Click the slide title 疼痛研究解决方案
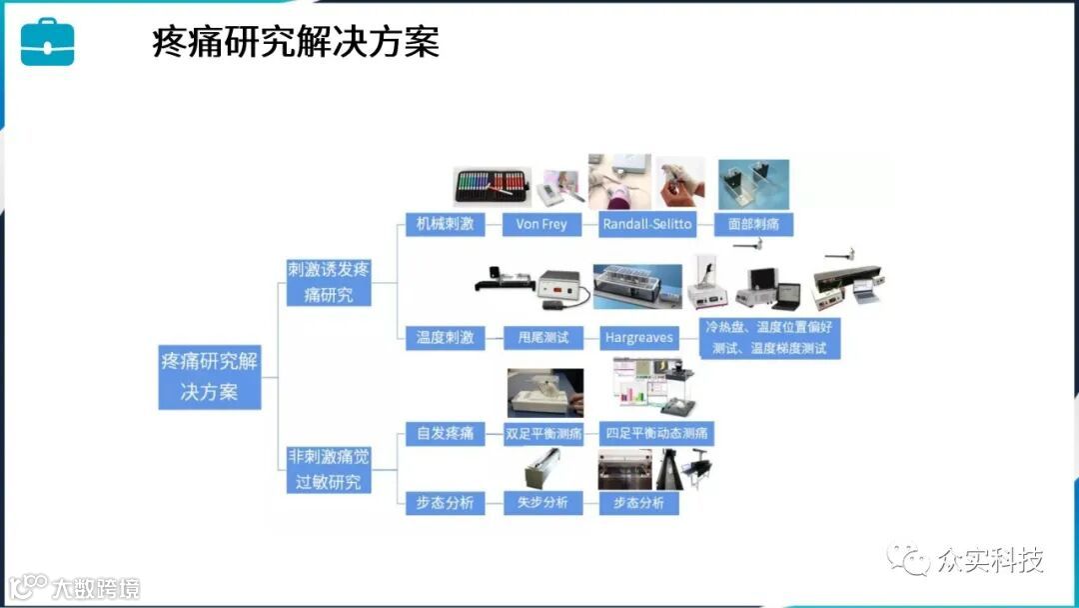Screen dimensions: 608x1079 pyautogui.click(x=296, y=43)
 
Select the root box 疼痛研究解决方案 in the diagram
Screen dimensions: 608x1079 pyautogui.click(x=209, y=376)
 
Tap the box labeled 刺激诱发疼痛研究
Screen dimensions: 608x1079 pyautogui.click(x=328, y=282)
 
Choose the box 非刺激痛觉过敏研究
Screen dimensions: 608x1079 pyautogui.click(x=328, y=469)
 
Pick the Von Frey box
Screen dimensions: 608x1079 pyautogui.click(x=541, y=224)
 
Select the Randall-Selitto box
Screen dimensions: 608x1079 pyautogui.click(x=647, y=224)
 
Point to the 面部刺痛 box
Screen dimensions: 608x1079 pyautogui.click(x=754, y=224)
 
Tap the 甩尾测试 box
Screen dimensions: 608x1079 pyautogui.click(x=541, y=337)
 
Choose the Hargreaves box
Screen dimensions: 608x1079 pyautogui.click(x=639, y=337)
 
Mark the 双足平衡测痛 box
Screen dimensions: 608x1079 pyautogui.click(x=542, y=434)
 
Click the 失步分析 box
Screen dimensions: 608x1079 pyautogui.click(x=541, y=502)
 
